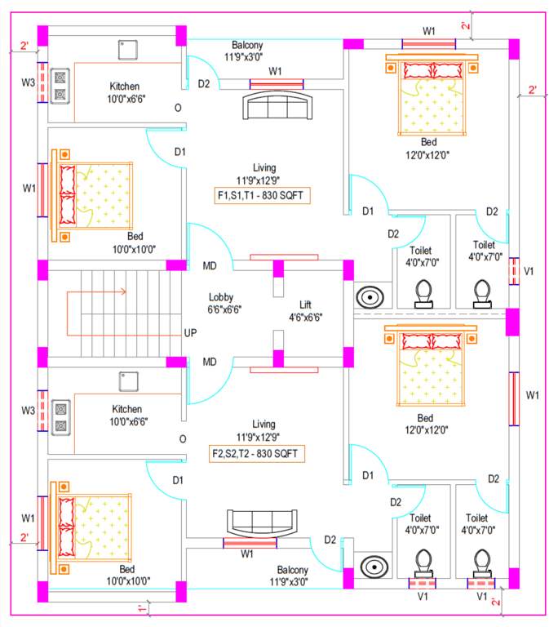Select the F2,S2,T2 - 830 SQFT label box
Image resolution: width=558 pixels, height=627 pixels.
point(260,451)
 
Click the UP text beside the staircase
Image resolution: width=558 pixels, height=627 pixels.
point(190,335)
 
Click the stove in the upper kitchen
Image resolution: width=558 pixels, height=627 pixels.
point(60,86)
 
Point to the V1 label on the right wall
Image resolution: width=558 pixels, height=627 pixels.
point(529,270)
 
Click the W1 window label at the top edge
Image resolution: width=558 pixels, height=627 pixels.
point(428,31)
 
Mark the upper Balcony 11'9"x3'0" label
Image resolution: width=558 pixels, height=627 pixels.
point(247,51)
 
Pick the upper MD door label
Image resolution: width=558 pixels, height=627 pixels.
point(210,266)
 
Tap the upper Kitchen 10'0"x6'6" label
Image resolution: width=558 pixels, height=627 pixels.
point(125,92)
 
